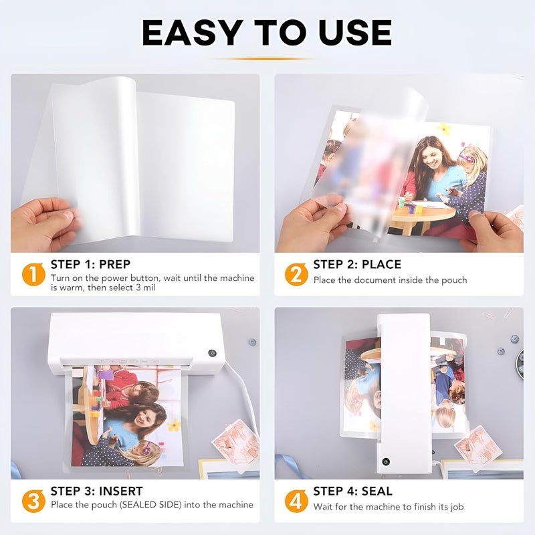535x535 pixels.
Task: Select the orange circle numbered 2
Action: pos(295,275)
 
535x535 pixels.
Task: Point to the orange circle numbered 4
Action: pos(295,501)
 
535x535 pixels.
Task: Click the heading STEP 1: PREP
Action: pos(91,264)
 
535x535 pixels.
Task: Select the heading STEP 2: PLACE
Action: pos(357,264)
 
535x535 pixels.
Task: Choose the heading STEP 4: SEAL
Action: pos(353,491)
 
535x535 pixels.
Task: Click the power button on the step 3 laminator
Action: pos(213,352)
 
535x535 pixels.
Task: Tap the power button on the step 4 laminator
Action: pos(385,461)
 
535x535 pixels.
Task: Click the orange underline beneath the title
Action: pos(267,59)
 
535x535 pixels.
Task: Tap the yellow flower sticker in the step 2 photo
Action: pos(444,128)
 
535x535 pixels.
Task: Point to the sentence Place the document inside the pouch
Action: pos(390,280)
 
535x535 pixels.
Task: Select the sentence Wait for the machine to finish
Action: pos(389,506)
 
